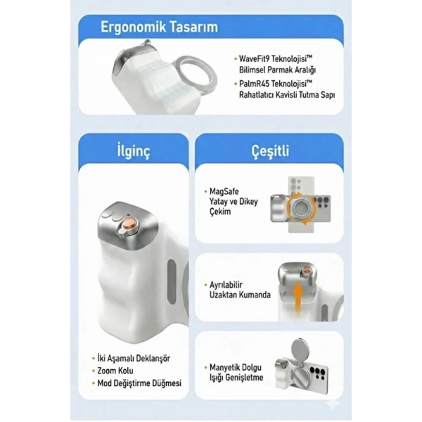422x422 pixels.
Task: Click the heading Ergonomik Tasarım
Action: coord(159,27)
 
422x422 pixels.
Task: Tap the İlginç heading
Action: coord(134,151)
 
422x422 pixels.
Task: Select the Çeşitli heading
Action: coord(270,151)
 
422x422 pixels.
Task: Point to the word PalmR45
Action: coord(254,84)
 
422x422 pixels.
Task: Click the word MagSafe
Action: coord(224,191)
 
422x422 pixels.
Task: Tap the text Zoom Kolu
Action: coord(115,371)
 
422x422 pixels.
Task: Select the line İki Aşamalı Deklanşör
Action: coord(134,358)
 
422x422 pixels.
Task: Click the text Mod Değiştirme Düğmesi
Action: coord(139,383)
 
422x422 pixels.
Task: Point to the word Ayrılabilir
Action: coord(226,285)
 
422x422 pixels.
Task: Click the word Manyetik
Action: coord(224,368)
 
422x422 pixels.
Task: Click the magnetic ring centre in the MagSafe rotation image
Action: coord(302,207)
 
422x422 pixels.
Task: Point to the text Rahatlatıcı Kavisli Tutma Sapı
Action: coord(287,95)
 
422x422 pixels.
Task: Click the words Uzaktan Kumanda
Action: coord(240,295)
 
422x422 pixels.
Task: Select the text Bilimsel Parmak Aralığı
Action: coord(277,70)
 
